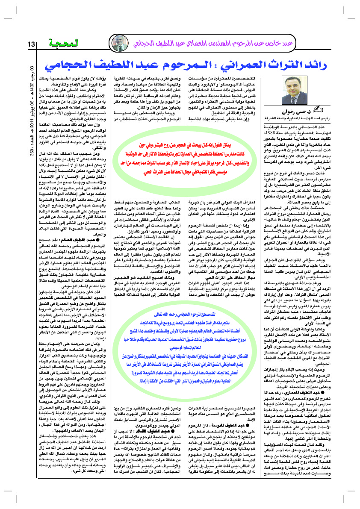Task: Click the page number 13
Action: click(32, 44)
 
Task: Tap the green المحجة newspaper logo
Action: click(62, 43)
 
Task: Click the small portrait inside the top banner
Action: click(116, 43)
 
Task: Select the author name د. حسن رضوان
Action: click(306, 112)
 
